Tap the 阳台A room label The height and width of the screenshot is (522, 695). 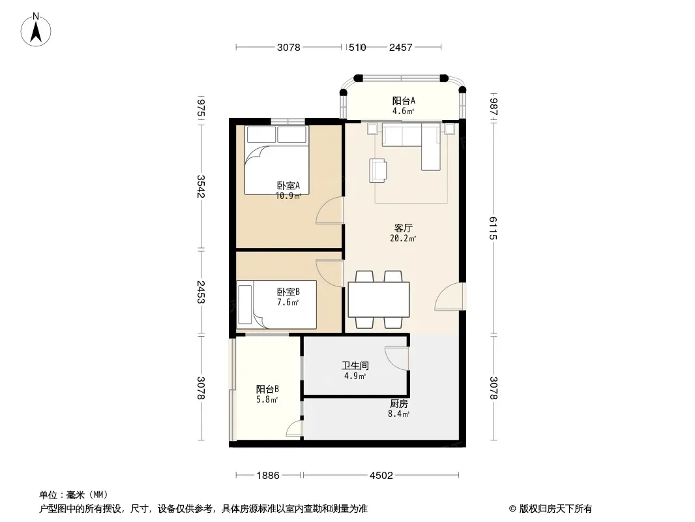point(404,106)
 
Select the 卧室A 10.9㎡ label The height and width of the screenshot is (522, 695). point(288,191)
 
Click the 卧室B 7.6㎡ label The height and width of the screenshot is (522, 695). point(288,297)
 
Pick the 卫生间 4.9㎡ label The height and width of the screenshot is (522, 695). point(355,371)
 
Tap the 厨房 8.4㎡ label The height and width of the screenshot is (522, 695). point(399,408)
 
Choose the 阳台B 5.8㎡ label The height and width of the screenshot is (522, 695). point(267,394)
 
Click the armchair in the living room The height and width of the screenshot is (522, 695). point(378,170)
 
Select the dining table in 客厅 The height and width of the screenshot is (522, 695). point(379,299)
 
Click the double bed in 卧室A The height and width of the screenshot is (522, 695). point(276,160)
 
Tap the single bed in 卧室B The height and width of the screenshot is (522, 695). point(276,305)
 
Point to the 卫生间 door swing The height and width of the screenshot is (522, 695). point(396,358)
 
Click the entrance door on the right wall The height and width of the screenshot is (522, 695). point(450,296)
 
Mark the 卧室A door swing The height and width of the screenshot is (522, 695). point(330,211)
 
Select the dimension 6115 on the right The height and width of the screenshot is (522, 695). point(494,228)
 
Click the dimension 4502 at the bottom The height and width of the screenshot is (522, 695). point(381,476)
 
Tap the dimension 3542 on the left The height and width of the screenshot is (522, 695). point(201,186)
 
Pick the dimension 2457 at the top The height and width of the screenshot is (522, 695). point(401,47)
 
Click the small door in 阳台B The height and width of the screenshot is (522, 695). point(295,429)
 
